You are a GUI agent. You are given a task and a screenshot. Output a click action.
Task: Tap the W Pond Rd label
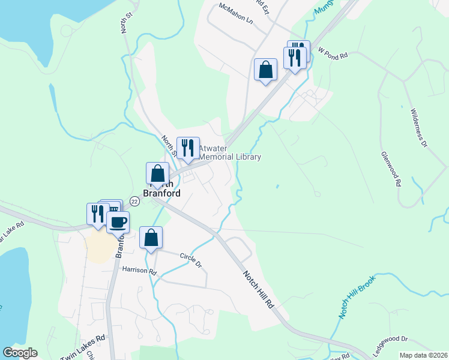tap(333, 54)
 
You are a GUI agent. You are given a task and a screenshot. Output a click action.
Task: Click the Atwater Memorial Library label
tap(230, 152)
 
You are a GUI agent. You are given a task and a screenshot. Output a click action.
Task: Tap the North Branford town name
tap(158, 188)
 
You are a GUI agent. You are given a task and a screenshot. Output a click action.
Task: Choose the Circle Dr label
tap(191, 259)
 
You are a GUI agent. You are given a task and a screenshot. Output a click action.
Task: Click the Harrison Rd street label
tap(139, 271)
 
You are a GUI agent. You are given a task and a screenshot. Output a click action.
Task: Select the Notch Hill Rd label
tap(258, 289)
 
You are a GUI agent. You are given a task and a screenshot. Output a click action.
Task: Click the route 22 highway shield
tap(134, 202)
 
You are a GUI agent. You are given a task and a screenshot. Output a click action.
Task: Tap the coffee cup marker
tap(118, 222)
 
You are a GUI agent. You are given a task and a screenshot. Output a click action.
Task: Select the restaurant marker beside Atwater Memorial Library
tap(188, 148)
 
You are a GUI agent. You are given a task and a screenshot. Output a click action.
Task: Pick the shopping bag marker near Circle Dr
tap(151, 237)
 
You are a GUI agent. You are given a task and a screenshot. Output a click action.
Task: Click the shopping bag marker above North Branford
tap(157, 173)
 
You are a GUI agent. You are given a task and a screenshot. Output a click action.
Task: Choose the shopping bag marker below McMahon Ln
tap(265, 70)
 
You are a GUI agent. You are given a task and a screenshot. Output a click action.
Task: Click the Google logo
tap(20, 353)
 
